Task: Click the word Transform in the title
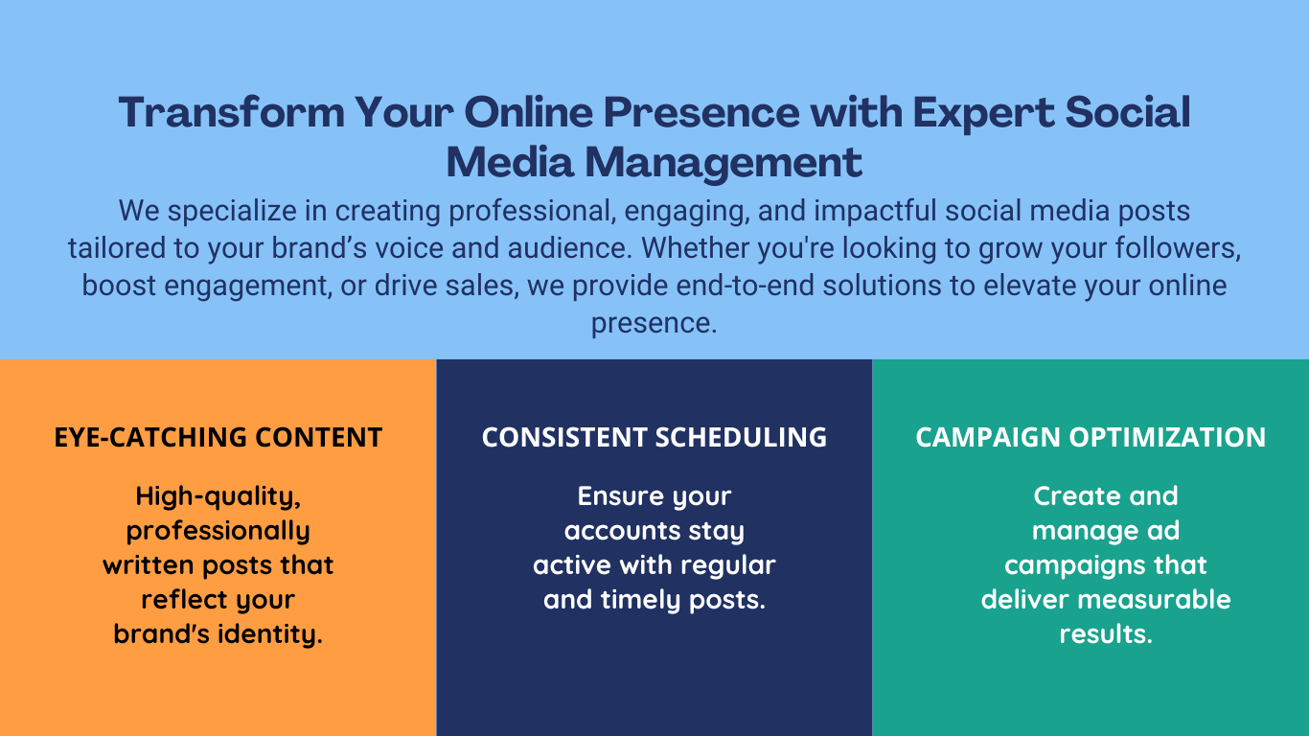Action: click(x=231, y=112)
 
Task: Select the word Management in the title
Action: click(x=723, y=164)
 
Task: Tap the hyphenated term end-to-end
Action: click(x=746, y=286)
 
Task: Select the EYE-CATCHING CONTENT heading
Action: click(x=218, y=437)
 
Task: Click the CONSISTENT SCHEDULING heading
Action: click(x=654, y=437)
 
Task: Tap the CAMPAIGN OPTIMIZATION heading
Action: click(x=1091, y=437)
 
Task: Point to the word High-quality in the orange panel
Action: click(x=218, y=497)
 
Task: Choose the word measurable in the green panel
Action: click(x=1154, y=600)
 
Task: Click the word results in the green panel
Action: click(x=1106, y=634)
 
